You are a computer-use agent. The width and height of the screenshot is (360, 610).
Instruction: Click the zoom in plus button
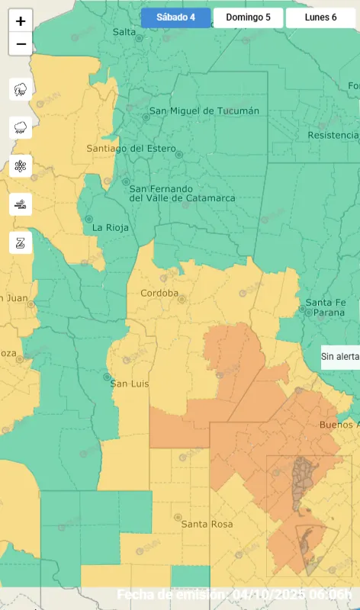coord(21,21)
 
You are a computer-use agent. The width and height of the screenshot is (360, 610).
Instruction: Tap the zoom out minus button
coord(21,44)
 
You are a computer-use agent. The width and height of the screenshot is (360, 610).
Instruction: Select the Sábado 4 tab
coord(175,18)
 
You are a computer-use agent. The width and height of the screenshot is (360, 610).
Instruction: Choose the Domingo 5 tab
coord(248,18)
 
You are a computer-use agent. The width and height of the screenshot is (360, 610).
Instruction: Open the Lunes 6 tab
coord(320,18)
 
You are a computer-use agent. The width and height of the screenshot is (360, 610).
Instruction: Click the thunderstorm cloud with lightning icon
coord(21,89)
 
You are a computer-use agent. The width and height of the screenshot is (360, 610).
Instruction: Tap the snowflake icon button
coord(21,165)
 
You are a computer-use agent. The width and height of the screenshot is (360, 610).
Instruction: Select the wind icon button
coord(21,204)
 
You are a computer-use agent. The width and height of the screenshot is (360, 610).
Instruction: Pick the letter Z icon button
coord(21,242)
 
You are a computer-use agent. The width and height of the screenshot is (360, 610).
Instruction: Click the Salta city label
coord(124,31)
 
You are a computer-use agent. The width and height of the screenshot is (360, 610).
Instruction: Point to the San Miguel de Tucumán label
coord(204,111)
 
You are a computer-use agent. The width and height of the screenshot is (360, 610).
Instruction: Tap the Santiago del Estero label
coord(131,148)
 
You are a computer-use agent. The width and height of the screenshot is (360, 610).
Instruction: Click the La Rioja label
coord(111,227)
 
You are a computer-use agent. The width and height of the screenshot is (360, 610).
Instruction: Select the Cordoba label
coord(159,293)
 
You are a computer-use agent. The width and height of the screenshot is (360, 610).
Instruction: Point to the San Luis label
coord(129,383)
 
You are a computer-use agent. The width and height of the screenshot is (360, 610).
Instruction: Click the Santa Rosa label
coord(206,524)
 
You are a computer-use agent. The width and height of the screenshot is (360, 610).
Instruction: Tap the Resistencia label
coord(333,135)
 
